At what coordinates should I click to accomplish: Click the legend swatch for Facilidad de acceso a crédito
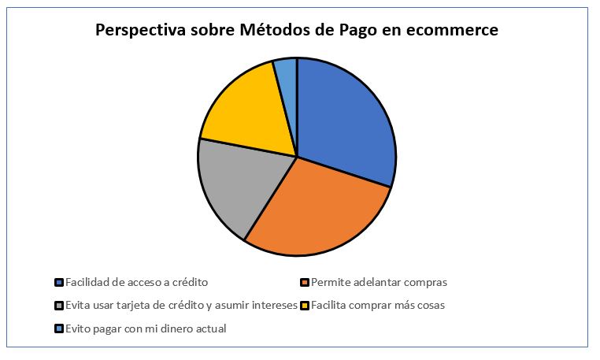click(x=59, y=283)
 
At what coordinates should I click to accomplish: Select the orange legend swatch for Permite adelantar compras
click(x=305, y=283)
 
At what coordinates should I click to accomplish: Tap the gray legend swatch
click(x=59, y=306)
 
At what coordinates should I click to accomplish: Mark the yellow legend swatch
click(x=305, y=306)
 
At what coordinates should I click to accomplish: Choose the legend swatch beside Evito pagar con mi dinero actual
click(x=59, y=328)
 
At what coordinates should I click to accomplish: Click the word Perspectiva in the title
click(x=141, y=30)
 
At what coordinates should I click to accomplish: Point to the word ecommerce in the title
click(x=452, y=31)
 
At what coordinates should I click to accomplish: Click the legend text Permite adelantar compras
click(x=379, y=283)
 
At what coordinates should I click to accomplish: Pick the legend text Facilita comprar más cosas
click(x=378, y=306)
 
